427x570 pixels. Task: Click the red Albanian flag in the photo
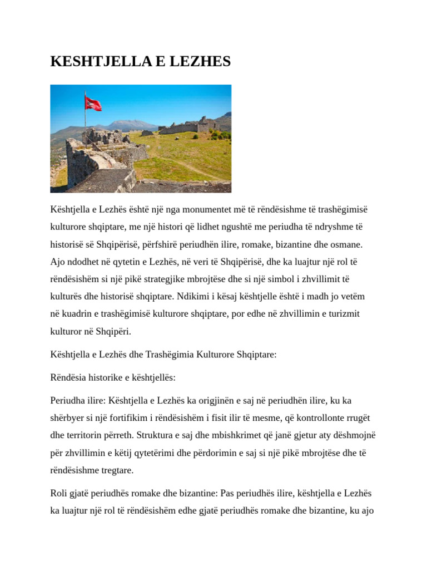(93, 104)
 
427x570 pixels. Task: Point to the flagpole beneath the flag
(85, 122)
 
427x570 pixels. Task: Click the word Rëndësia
(67, 377)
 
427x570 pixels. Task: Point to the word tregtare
(116, 470)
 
